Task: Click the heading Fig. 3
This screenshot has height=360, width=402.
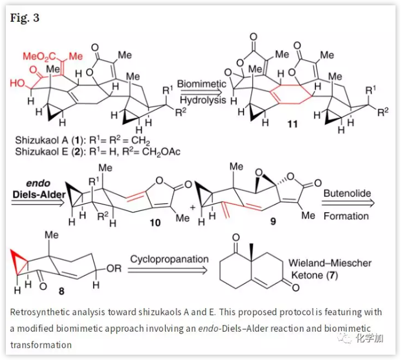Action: click(25, 18)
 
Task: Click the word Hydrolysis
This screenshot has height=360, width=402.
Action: click(201, 100)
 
